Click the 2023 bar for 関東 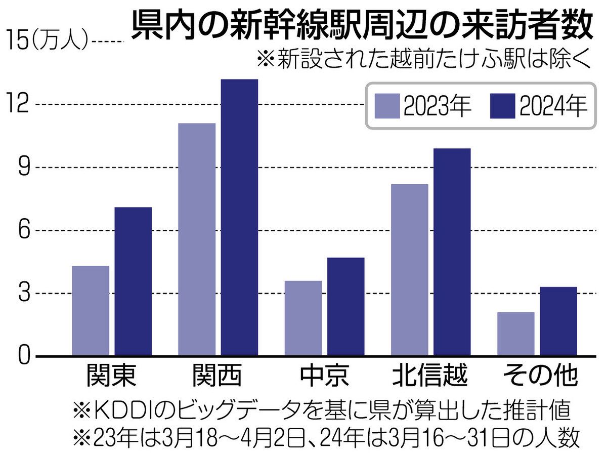click(91, 311)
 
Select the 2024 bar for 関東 click(133, 281)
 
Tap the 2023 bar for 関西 click(197, 239)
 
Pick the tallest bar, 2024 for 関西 click(239, 218)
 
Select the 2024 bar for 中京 click(345, 307)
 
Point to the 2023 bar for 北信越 click(409, 270)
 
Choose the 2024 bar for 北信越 click(452, 252)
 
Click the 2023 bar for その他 click(515, 334)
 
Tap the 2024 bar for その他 click(558, 321)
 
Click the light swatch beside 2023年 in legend click(387, 106)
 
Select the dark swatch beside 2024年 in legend click(503, 106)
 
